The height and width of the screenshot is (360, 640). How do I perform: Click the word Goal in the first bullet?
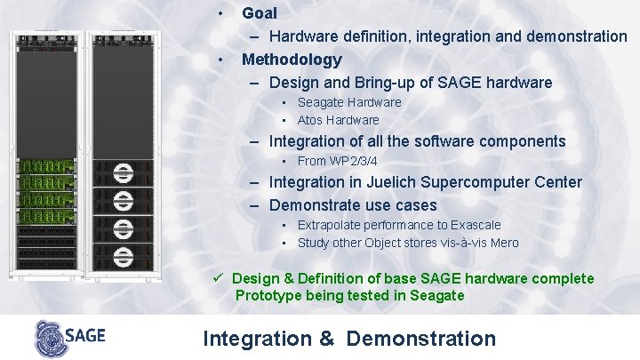pos(260,13)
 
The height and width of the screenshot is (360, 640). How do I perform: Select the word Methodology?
pos(292,60)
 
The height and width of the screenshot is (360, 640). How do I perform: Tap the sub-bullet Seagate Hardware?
pos(348,102)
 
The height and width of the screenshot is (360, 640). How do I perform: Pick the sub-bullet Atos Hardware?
pos(338,120)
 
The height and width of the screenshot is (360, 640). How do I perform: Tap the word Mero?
pos(503,243)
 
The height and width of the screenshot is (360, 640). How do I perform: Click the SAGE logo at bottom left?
pos(69,337)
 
